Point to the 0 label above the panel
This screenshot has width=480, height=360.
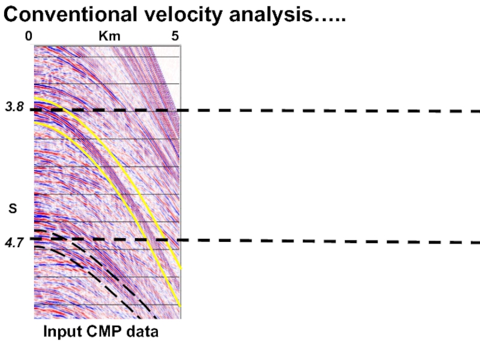[x=28, y=37]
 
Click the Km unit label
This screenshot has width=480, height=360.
[x=109, y=37]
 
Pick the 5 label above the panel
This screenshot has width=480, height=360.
[x=175, y=37]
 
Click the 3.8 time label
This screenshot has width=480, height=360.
[x=14, y=107]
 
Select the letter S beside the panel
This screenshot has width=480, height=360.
[x=13, y=209]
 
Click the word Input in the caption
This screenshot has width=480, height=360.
[x=59, y=331]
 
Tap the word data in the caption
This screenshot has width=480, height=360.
[x=143, y=331]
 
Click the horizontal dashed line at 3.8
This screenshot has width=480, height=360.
[x=330, y=110]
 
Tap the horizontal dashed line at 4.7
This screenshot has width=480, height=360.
[x=330, y=241]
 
